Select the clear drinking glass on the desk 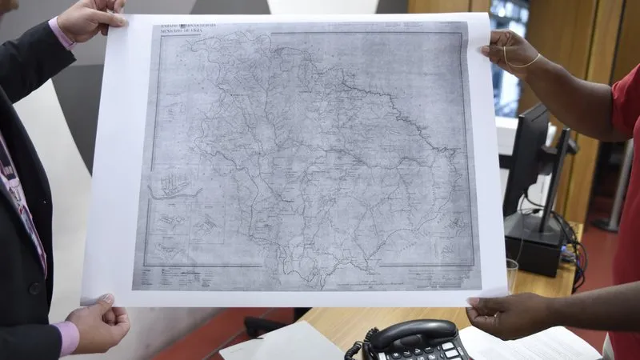(511, 274)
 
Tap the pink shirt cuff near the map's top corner (62, 32)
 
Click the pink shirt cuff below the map (68, 336)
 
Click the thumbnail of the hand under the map (106, 299)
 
